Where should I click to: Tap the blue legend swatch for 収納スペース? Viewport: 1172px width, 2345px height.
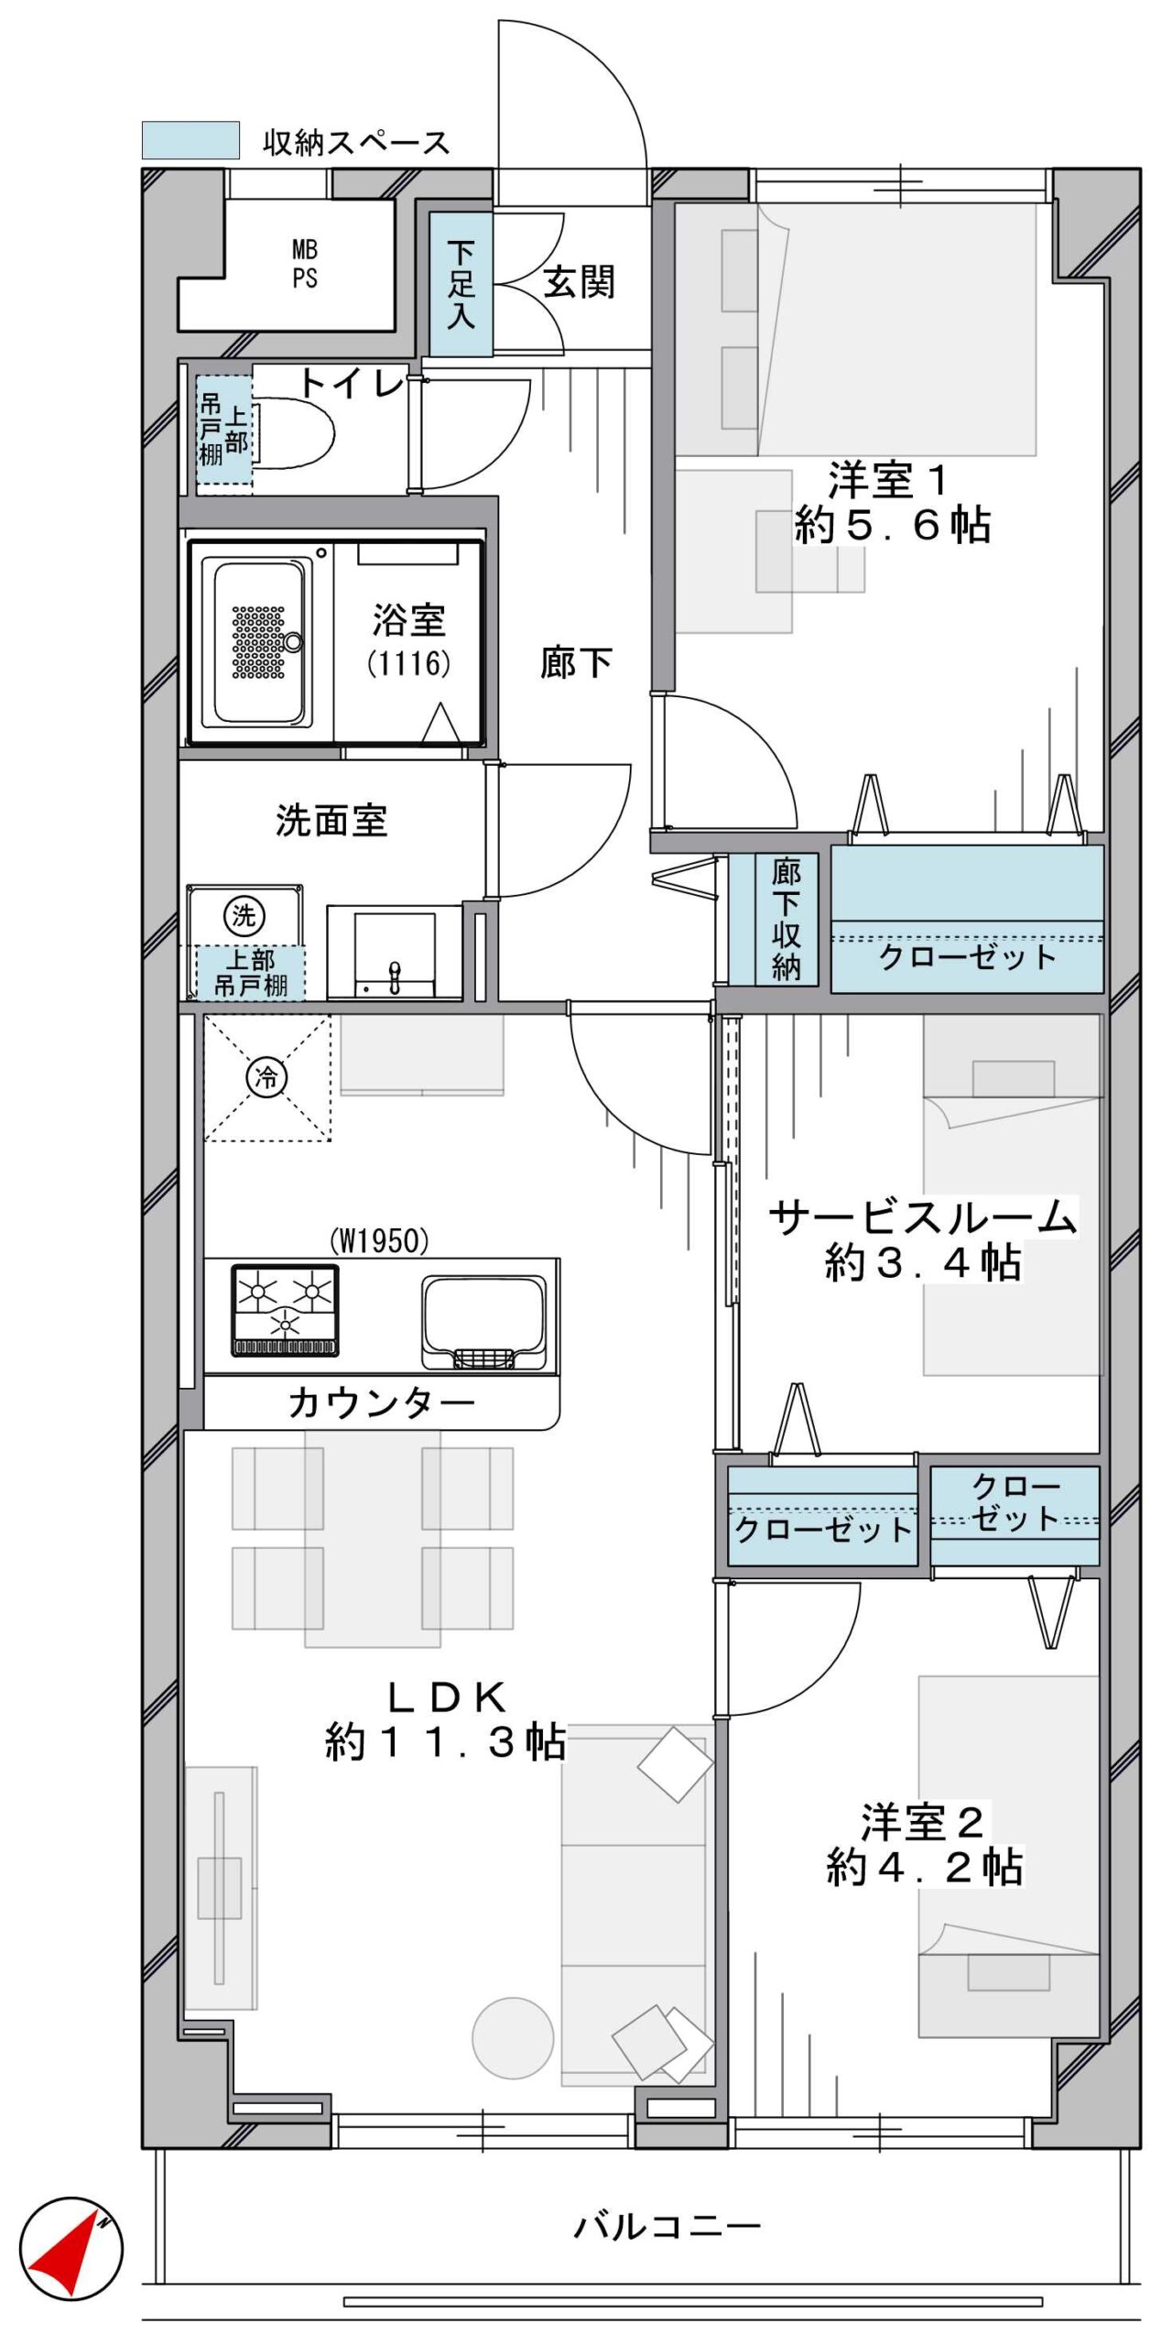coord(190,140)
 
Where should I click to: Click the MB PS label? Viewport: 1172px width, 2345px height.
coord(305,264)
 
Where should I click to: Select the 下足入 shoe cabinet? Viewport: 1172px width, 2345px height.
coord(461,284)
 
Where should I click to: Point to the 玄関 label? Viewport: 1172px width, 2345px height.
coord(579,282)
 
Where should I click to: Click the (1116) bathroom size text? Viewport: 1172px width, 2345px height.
coord(409,662)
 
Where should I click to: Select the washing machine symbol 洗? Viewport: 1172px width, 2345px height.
coord(244,915)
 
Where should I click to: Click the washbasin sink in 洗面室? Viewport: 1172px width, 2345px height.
coord(395,953)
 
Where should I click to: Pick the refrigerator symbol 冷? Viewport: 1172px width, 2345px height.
coord(266,1077)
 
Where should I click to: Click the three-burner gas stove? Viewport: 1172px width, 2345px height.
coord(285,1310)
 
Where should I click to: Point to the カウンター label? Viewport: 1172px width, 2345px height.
coord(382,1402)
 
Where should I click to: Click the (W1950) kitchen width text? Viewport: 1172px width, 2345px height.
coord(379,1241)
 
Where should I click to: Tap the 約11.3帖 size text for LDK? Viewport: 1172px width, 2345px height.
coord(446,1742)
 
